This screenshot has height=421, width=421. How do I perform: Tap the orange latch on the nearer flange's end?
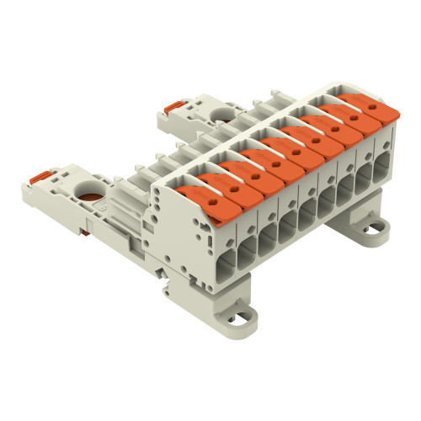coord(38,179)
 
